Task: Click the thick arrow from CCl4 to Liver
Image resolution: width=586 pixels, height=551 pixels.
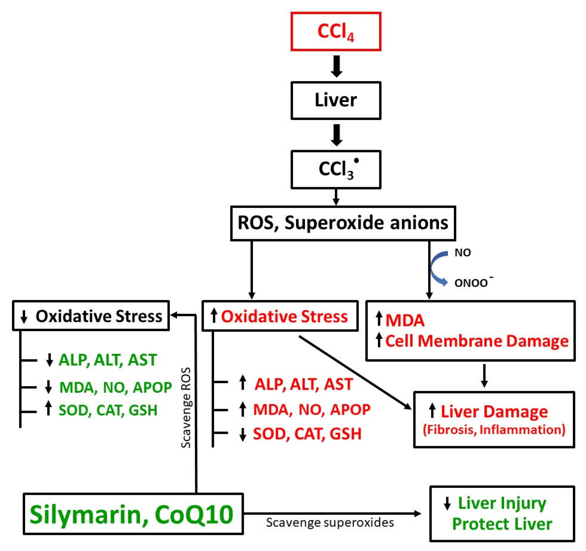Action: [336, 66]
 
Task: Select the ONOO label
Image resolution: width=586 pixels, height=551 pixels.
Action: [471, 283]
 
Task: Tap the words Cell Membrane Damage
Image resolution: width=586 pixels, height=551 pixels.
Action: [476, 341]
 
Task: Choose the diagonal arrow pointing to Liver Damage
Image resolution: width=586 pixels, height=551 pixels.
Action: [355, 372]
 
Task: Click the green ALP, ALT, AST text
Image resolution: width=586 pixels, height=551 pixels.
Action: [108, 360]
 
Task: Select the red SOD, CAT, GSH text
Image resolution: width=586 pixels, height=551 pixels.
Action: [307, 434]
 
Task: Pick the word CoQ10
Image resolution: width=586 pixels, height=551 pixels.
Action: [194, 514]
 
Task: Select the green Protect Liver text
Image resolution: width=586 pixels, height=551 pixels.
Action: [502, 524]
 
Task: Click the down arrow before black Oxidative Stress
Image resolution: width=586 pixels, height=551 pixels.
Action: [24, 316]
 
